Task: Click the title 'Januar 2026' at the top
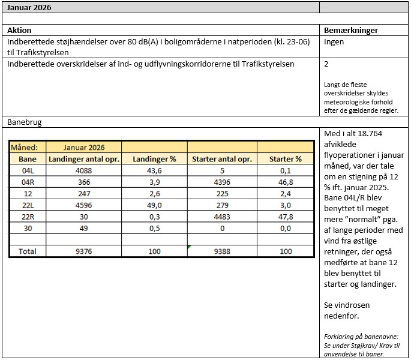[29, 7]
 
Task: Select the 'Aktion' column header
[19, 30]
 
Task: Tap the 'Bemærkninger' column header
[351, 30]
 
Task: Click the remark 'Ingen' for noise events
[334, 42]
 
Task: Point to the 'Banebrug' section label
[25, 122]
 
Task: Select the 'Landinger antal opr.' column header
[84, 159]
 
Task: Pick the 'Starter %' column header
[286, 159]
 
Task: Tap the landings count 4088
[84, 170]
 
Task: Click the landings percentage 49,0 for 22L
[155, 205]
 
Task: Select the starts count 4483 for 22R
[222, 217]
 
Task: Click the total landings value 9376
[84, 251]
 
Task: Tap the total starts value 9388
[222, 251]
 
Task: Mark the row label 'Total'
[28, 251]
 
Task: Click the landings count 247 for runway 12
[84, 194]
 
